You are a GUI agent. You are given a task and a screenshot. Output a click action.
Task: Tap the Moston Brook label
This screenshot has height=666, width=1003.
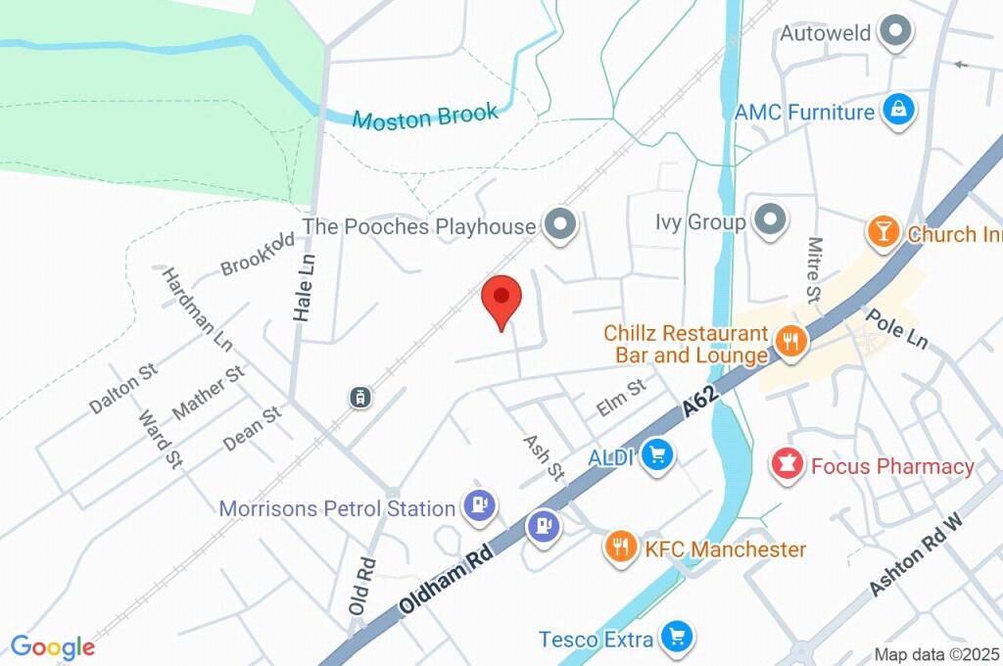[425, 117]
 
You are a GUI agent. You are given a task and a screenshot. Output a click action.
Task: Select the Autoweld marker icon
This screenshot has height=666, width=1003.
[895, 33]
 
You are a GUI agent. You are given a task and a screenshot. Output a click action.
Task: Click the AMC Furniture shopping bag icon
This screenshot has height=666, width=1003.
[897, 112]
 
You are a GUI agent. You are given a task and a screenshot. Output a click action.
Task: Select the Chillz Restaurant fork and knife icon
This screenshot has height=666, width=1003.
[789, 342]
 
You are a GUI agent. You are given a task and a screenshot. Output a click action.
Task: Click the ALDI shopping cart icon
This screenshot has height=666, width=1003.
[657, 455]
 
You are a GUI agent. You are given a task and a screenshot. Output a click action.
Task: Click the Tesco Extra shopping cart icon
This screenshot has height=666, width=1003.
[675, 639]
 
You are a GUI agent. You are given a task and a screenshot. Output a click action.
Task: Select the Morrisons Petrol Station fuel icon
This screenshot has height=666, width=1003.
[480, 506]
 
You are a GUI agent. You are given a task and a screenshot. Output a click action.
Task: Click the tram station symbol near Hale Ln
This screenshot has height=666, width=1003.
[360, 397]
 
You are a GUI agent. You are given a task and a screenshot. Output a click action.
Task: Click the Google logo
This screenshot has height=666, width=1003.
[53, 646]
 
